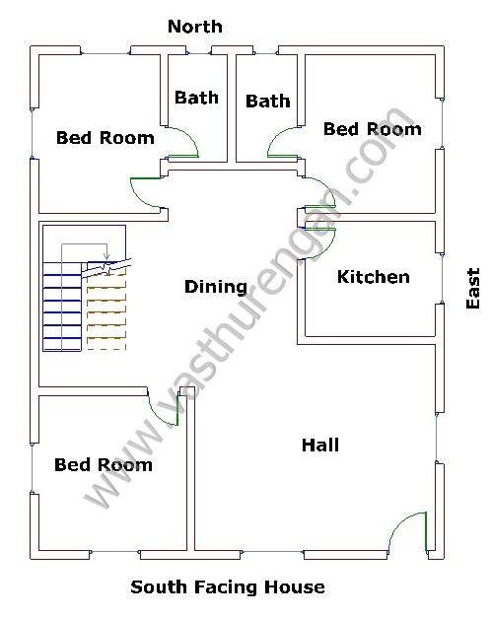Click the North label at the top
194,27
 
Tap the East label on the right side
472,289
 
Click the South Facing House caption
228,587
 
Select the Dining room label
216,287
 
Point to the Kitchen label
373,277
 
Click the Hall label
320,446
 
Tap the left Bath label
196,98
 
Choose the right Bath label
267,101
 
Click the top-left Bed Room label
105,138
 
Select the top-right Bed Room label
372,129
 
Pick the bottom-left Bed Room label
103,464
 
